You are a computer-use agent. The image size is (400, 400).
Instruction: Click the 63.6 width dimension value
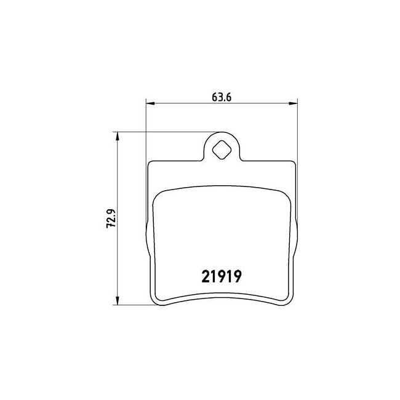click(222, 97)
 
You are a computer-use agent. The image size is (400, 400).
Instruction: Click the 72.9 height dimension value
click(111, 218)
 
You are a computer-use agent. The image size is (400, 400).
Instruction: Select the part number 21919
click(222, 276)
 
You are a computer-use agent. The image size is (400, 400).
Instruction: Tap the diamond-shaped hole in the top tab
click(222, 151)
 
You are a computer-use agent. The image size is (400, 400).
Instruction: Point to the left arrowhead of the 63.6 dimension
click(150, 103)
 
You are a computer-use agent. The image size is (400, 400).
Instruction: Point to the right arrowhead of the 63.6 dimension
click(293, 103)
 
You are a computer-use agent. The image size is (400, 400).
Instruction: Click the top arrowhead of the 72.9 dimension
click(118, 136)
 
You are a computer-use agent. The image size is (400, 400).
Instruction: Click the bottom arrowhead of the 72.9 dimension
click(118, 300)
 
